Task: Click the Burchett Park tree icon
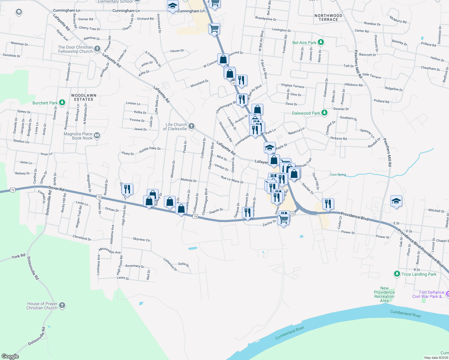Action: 62,103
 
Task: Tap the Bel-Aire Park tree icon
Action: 321,42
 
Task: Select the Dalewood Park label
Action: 306,113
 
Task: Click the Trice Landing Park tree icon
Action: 397,274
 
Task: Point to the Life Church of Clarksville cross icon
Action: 191,126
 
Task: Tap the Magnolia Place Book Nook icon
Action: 97,136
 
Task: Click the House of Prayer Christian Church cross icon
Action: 62,306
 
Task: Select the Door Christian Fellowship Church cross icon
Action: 97,49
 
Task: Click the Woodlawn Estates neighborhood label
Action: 84,97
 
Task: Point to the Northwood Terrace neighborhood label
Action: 328,17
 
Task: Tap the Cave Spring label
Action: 338,175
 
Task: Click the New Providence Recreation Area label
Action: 384,294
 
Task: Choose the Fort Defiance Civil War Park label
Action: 428,294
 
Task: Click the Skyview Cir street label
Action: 141,239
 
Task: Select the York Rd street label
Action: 18,256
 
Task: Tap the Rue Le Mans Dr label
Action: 232,180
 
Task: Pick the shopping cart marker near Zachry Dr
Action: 284,219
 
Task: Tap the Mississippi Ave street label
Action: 110,250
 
